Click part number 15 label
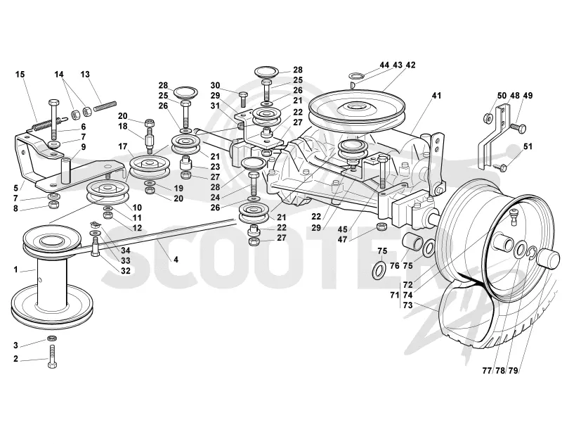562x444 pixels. (x=20, y=75)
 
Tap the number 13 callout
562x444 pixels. (x=85, y=75)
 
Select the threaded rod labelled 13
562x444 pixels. (x=105, y=106)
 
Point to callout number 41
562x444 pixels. (x=436, y=96)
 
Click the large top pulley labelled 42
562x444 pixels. (x=357, y=107)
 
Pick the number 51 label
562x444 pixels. (x=528, y=146)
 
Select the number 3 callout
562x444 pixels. (x=15, y=345)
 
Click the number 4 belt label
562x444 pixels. (x=176, y=259)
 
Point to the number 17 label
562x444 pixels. (x=122, y=146)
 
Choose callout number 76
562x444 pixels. (x=394, y=265)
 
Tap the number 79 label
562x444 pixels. (x=514, y=371)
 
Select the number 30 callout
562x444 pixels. (x=215, y=85)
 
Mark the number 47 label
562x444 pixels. (x=342, y=239)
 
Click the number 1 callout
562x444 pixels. (x=15, y=269)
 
